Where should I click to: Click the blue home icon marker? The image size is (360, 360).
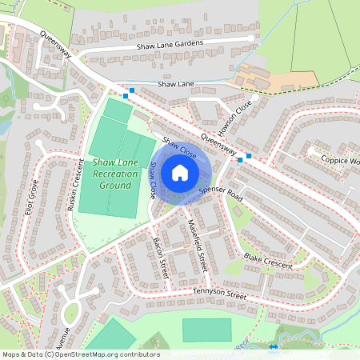180,173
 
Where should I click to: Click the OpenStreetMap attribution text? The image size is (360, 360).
80,354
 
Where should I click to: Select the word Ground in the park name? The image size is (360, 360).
115,186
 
